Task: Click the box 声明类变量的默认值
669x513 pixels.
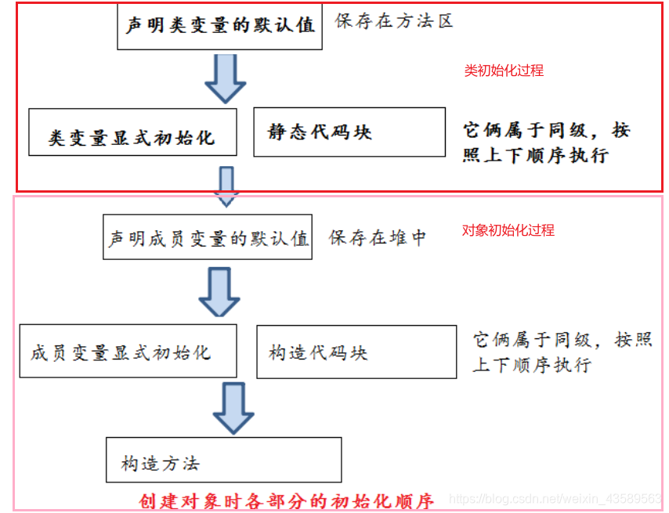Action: [219, 25]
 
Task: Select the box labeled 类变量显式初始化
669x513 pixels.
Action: [132, 138]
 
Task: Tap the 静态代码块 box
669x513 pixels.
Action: [349, 132]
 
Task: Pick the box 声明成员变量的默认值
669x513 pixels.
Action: [208, 238]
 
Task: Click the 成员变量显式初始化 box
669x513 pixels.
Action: [127, 352]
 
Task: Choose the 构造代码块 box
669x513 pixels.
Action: [356, 352]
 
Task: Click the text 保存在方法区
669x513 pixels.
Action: [394, 21]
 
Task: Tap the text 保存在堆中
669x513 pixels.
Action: [378, 238]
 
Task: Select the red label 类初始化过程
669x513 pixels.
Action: [504, 70]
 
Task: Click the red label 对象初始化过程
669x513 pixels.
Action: [508, 230]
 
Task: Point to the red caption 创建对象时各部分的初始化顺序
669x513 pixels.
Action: [286, 500]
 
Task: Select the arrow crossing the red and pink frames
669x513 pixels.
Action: [226, 186]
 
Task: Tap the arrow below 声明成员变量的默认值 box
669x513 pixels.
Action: [219, 291]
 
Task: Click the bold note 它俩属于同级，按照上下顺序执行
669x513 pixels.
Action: [545, 142]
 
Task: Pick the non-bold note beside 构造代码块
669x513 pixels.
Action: [562, 352]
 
